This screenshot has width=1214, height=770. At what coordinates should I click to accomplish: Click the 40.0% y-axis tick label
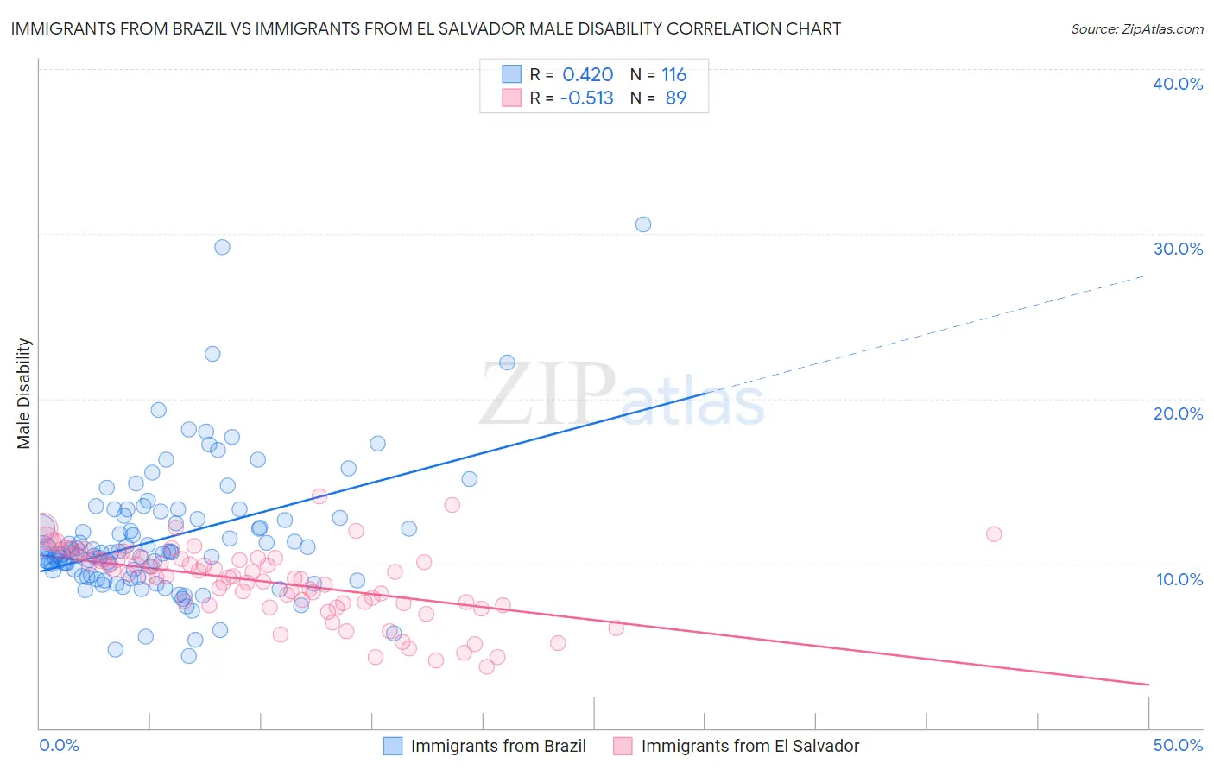point(1178,84)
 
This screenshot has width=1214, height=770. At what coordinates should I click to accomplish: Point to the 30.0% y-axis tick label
point(1178,249)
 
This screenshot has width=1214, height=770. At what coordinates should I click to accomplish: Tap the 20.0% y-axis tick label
point(1178,413)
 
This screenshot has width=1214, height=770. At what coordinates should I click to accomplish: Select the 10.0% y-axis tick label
point(1179,579)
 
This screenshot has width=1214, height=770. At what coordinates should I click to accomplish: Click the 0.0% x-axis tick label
point(59,745)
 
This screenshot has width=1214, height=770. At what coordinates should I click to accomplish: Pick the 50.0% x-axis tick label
point(1178,745)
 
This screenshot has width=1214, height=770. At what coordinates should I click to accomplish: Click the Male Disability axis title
point(24,393)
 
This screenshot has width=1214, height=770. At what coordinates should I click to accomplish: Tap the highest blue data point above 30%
point(643,224)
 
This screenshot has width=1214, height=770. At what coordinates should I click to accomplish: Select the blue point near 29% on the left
point(222,247)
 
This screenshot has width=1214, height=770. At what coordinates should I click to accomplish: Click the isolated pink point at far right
point(994,534)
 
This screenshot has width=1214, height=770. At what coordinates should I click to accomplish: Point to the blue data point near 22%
point(508,363)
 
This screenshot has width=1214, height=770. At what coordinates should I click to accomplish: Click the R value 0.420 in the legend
point(587,75)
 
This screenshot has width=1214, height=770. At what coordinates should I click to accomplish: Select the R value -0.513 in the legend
point(586,98)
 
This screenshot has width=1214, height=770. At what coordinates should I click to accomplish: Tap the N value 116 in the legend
point(673,75)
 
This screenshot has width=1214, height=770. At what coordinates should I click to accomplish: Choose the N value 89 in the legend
point(675,98)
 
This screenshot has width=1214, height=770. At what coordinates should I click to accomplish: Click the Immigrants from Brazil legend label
point(498,746)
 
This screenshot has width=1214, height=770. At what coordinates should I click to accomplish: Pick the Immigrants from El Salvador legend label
point(750,746)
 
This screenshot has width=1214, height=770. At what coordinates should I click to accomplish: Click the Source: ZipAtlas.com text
point(1136,29)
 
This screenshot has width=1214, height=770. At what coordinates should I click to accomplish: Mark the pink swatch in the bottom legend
point(623,746)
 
